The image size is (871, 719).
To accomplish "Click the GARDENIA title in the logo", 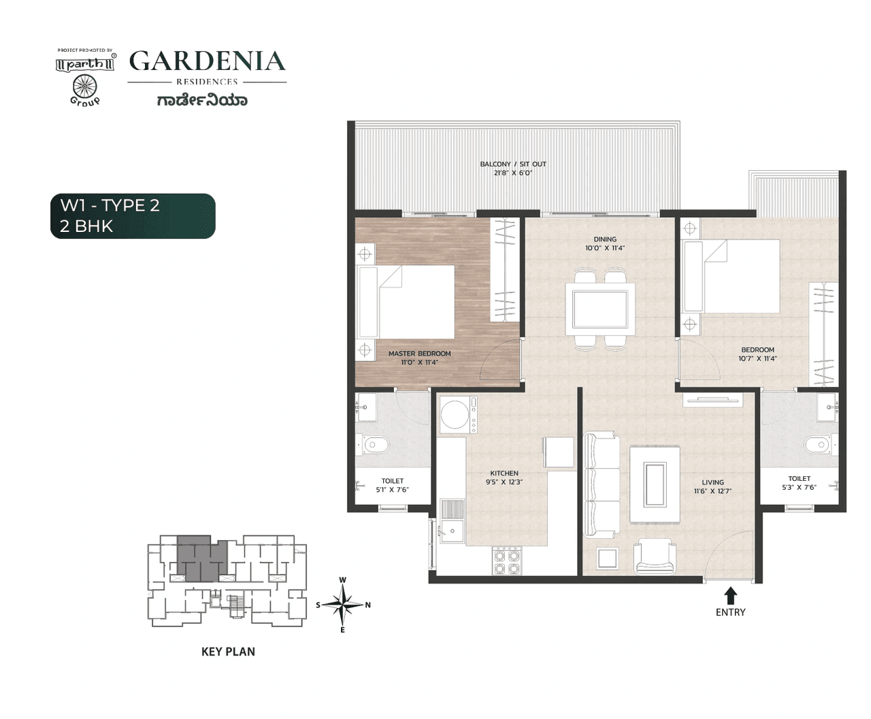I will tap(207, 61).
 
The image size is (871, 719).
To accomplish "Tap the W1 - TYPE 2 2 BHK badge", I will tap(133, 216).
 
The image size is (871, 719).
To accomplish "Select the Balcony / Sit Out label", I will tap(513, 168).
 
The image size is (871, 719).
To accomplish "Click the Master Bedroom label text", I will tap(419, 358).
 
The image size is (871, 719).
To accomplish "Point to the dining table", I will tap(600, 309).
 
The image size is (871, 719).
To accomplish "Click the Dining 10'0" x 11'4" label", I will tap(604, 244).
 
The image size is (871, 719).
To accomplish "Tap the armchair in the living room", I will tap(655, 556).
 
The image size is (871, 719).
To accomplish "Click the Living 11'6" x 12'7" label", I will tap(712, 486).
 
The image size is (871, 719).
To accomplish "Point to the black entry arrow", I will tap(730, 596).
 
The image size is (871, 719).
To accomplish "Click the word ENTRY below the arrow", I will tap(730, 612).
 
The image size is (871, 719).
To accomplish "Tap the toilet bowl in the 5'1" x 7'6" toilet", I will tap(374, 446).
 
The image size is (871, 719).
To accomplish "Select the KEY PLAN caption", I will tap(228, 652).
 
